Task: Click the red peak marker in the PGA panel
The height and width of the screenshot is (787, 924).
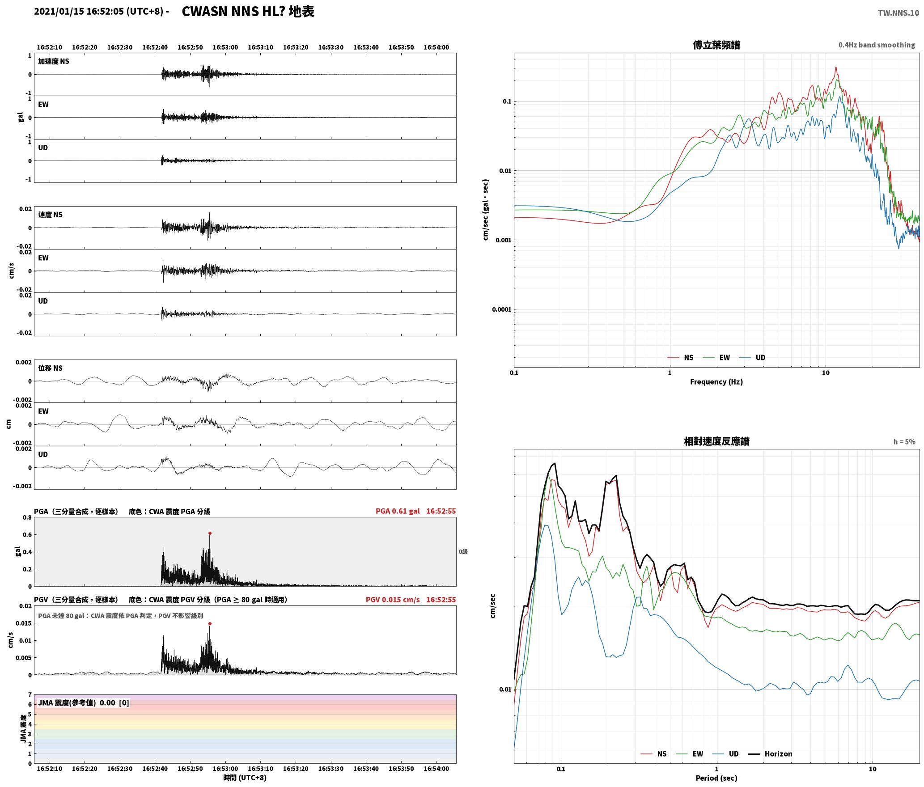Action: point(210,533)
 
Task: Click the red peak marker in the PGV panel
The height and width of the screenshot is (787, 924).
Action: point(210,623)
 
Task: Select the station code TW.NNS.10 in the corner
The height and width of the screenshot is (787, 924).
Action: point(898,13)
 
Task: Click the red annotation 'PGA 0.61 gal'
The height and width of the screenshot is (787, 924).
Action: point(398,511)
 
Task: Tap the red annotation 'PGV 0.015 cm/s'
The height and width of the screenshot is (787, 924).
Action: point(393,600)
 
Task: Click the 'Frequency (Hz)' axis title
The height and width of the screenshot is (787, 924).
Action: point(716,382)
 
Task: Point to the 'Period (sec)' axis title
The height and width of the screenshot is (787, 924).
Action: point(716,778)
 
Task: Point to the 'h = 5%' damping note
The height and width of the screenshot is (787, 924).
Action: point(904,442)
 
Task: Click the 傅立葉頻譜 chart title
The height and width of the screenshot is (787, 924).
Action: point(716,45)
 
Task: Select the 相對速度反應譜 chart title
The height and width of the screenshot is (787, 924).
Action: point(716,441)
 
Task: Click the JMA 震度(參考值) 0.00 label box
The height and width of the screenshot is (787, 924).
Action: point(84,703)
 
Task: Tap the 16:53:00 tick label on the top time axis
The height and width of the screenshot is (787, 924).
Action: point(225,47)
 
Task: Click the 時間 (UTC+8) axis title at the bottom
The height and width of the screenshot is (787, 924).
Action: point(245,778)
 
